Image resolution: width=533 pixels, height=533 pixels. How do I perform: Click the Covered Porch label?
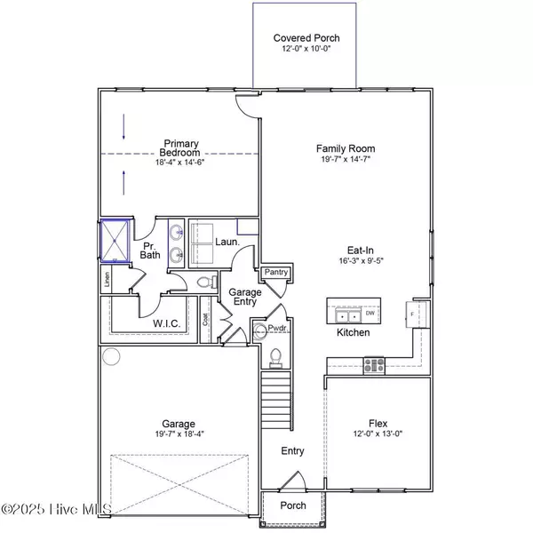coord(306,38)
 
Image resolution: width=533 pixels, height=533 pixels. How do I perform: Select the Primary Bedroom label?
coord(179,149)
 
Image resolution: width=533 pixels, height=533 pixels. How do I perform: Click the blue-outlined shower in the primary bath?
coord(113,240)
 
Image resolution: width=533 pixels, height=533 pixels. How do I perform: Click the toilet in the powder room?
coord(274,356)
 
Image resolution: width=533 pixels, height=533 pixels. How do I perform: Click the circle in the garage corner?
coord(111,356)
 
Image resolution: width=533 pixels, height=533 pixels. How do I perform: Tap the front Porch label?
coord(293,505)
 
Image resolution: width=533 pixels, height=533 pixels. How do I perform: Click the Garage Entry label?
coord(245,298)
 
